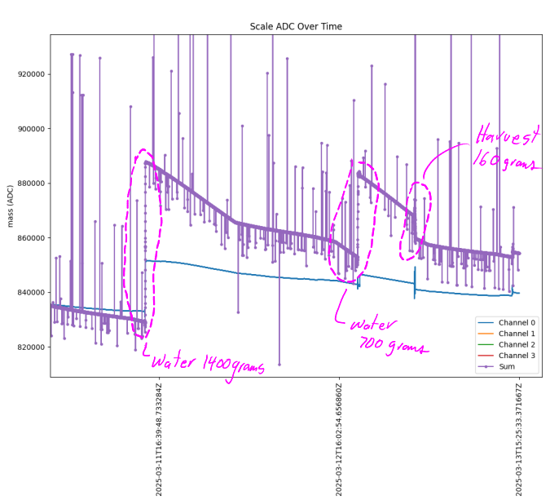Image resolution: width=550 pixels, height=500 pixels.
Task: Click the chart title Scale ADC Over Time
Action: [296, 27]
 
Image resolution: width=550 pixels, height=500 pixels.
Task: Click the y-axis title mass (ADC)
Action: [11, 205]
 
